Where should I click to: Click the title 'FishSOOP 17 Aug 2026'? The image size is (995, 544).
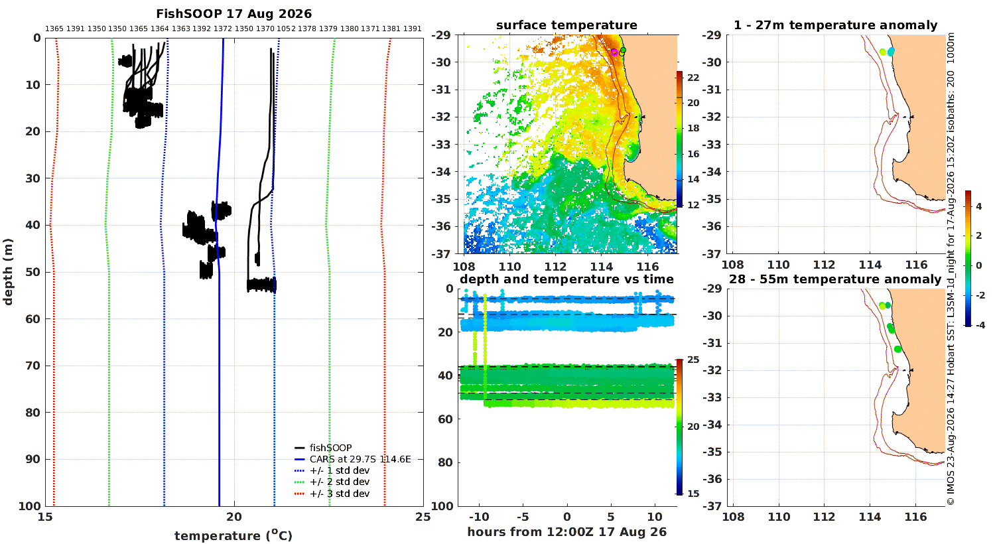[233, 14]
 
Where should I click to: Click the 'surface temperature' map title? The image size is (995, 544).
[566, 25]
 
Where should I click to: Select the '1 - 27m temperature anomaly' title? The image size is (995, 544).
[836, 25]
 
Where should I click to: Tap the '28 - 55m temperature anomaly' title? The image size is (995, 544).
[835, 279]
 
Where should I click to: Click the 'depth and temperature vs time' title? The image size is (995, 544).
[566, 279]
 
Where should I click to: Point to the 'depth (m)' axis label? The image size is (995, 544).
[8, 272]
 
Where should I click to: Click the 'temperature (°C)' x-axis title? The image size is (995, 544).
[233, 535]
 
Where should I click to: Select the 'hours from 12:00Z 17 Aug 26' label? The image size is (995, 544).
[566, 531]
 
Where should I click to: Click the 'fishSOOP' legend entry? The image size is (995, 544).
[324, 448]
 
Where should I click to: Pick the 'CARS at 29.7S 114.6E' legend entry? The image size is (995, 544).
[353, 459]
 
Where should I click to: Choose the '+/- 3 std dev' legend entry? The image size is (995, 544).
[332, 494]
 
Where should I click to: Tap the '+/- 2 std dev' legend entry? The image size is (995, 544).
[332, 482]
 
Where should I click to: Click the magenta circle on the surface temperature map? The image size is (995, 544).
[614, 52]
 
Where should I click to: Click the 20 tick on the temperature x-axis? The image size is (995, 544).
[234, 517]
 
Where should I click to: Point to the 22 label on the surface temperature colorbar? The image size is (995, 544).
[693, 78]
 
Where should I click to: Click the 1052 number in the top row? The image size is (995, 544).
[286, 29]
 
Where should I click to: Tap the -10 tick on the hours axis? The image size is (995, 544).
[479, 517]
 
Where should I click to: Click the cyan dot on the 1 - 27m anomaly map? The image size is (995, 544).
[891, 52]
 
